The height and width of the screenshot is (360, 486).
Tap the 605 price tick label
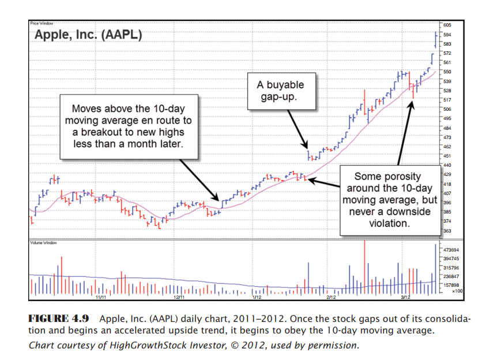[447, 25]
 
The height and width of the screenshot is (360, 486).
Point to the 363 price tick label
[447, 230]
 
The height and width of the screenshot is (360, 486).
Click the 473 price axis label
[447, 137]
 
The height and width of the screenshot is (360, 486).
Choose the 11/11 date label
[101, 297]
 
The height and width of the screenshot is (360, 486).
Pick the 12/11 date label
[179, 297]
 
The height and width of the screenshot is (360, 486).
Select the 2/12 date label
[330, 297]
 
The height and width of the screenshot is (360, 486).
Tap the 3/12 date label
[405, 297]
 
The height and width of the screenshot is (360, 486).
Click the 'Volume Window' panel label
[41, 243]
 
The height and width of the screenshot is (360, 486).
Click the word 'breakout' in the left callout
[105, 132]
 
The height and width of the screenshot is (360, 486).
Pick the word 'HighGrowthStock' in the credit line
[149, 346]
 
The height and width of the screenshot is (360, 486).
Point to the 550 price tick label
[447, 72]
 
